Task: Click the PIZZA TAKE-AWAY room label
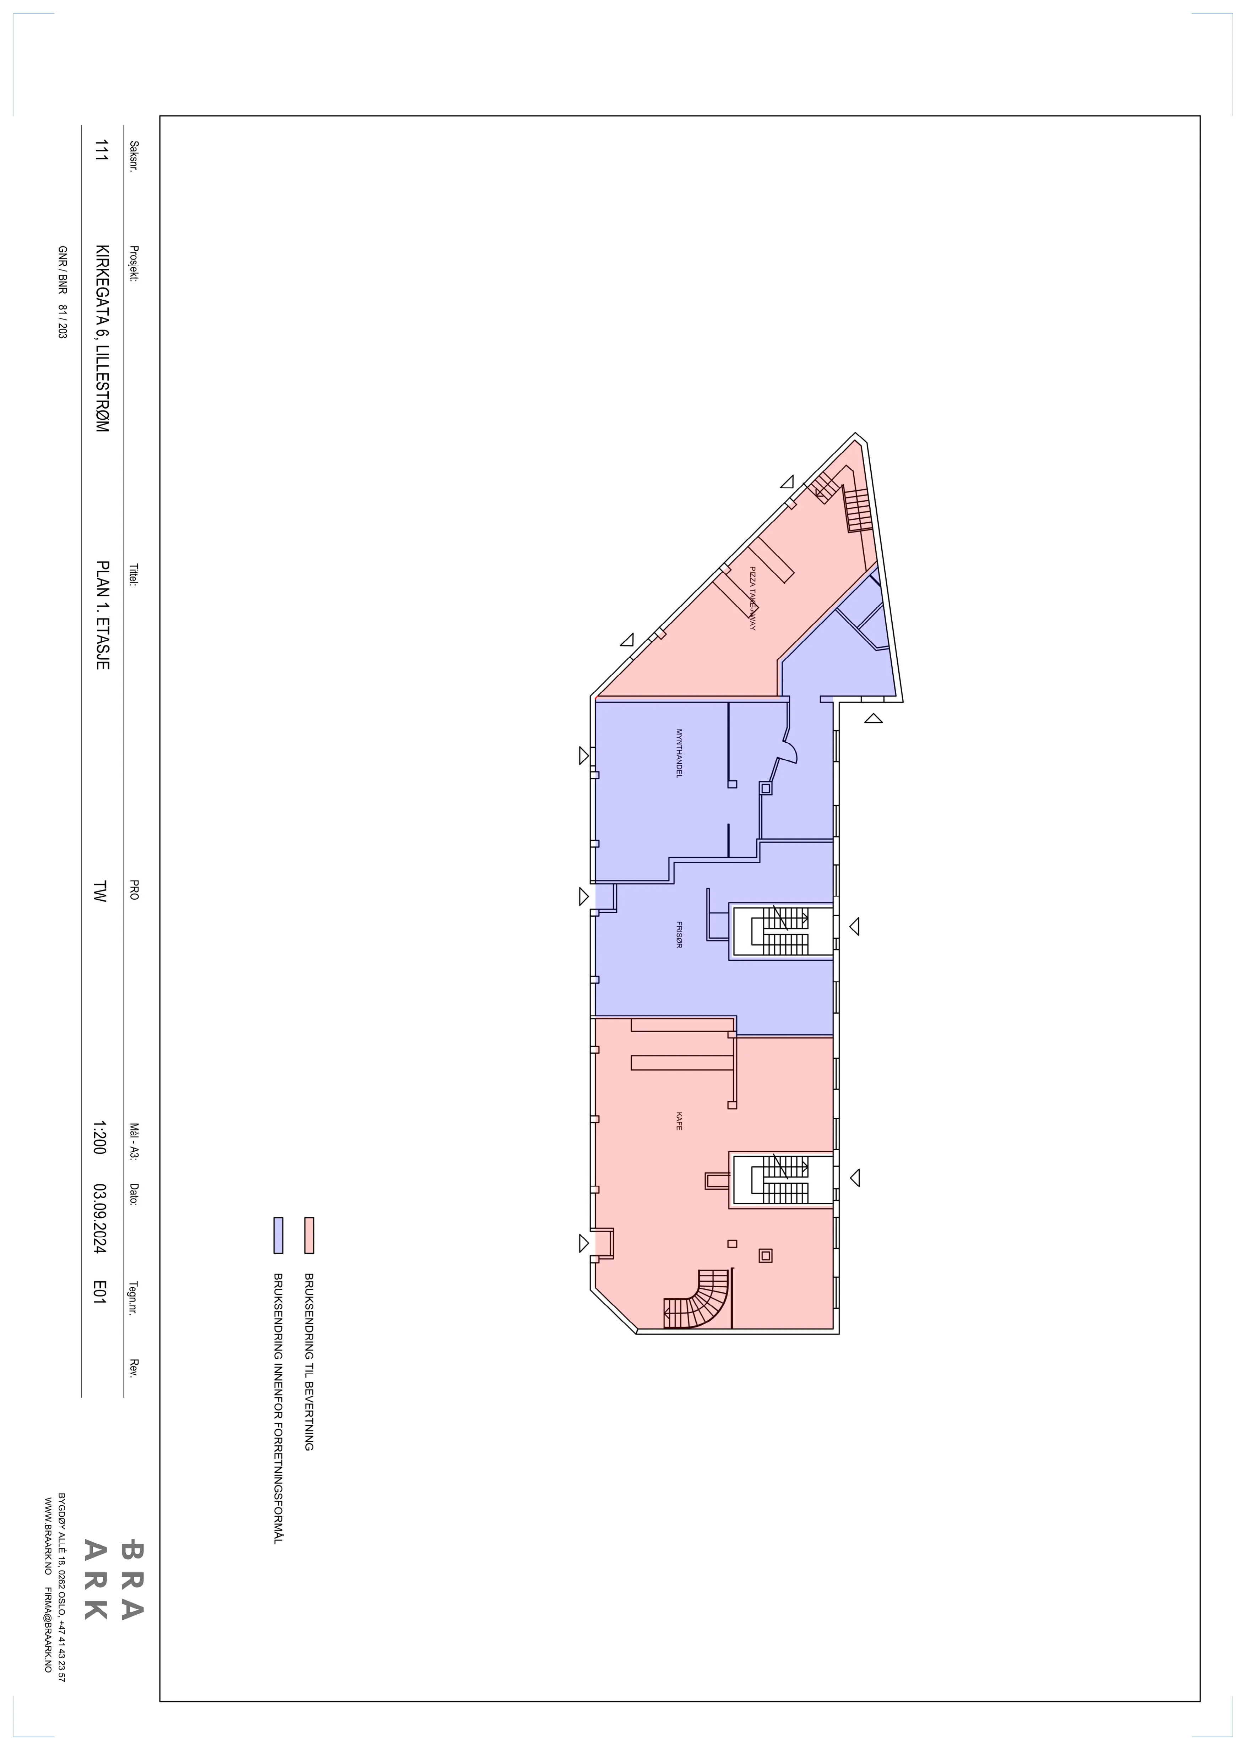753,599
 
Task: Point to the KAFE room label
679,1122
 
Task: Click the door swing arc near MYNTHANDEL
791,748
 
